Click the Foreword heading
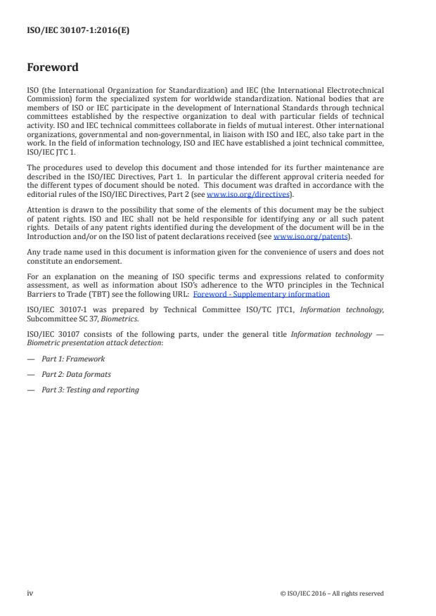pyautogui.click(x=53, y=68)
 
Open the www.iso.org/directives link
pyautogui.click(x=240, y=193)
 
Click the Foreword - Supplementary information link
pyautogui.click(x=261, y=294)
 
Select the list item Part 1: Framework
pyautogui.click(x=73, y=359)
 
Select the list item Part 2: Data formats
pyautogui.click(x=76, y=374)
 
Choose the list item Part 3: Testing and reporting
pyautogui.click(x=90, y=390)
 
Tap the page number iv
pyautogui.click(x=30, y=593)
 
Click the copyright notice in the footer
pyautogui.click(x=332, y=593)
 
